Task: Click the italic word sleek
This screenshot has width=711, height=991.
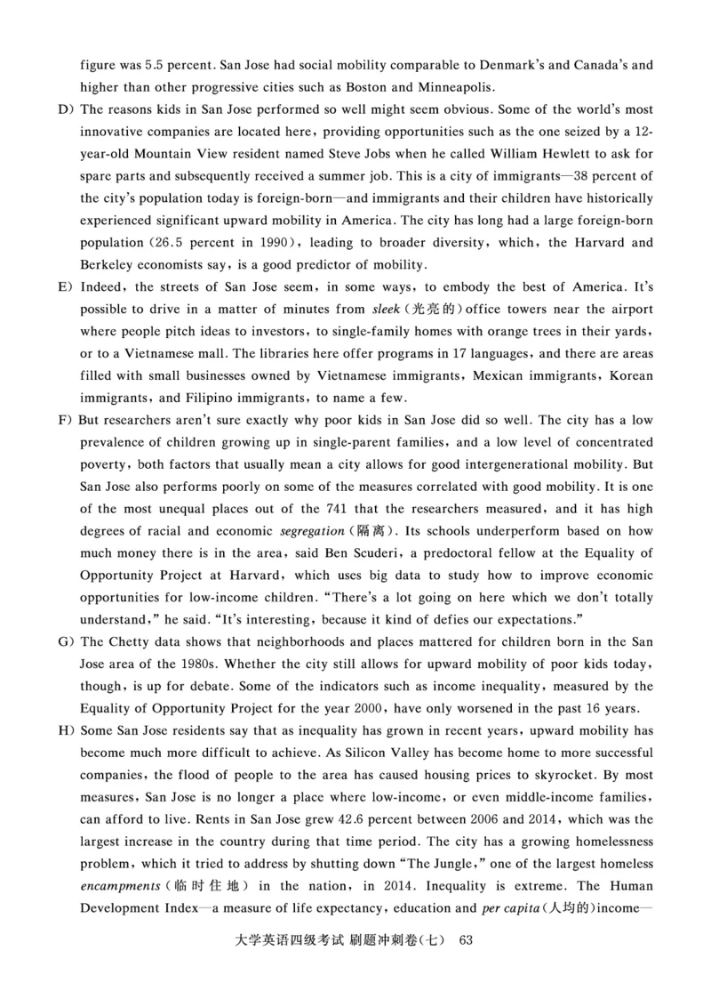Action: [x=384, y=310]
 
